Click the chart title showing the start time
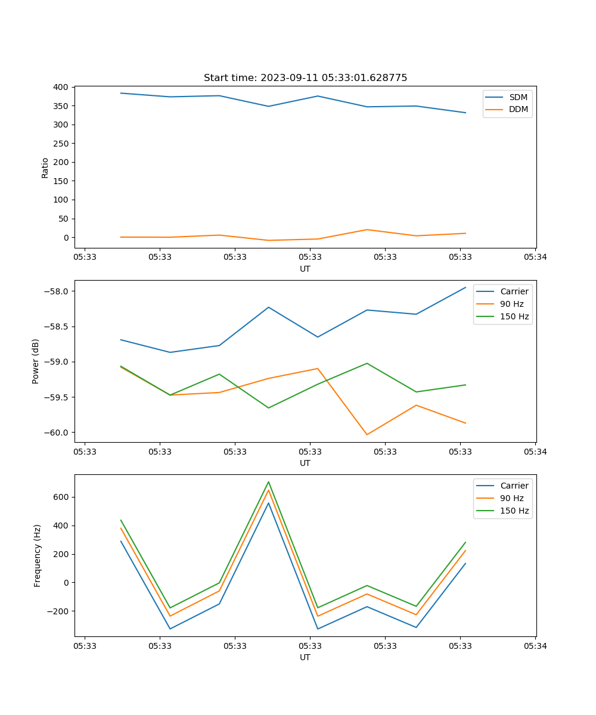305,78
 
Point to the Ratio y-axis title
45,167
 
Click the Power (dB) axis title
36,361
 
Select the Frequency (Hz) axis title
38,555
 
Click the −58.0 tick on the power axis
57,291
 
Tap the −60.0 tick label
57,433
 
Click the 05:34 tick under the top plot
535,257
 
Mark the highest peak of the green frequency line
268,481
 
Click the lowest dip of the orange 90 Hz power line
367,434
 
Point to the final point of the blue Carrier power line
465,287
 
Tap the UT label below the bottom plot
305,657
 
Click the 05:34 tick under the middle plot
535,452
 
